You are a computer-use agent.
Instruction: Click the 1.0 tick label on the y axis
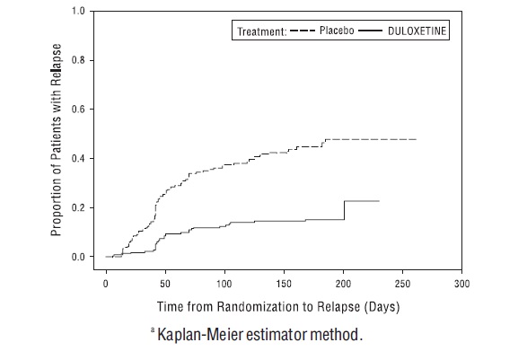[79, 12]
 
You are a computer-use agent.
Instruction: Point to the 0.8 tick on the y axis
[79, 60]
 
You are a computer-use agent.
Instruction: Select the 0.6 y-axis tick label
[79, 110]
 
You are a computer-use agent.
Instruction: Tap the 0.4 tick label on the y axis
[79, 159]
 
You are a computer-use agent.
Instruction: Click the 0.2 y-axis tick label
[79, 207]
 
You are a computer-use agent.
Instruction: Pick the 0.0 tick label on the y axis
[79, 257]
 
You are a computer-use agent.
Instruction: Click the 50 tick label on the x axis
[165, 283]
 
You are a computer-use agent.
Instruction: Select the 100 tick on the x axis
[224, 283]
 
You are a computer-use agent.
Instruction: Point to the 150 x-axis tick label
[284, 283]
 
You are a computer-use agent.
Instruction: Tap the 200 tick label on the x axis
[343, 283]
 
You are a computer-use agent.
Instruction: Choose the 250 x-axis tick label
[402, 283]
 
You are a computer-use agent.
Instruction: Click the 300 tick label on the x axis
[461, 283]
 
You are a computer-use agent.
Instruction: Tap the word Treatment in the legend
[260, 31]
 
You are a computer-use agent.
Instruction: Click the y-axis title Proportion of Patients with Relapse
[56, 135]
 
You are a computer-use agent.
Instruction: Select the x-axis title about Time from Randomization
[278, 307]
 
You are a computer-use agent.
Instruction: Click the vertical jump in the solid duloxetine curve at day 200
[344, 209]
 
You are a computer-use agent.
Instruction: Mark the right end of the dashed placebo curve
[416, 139]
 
